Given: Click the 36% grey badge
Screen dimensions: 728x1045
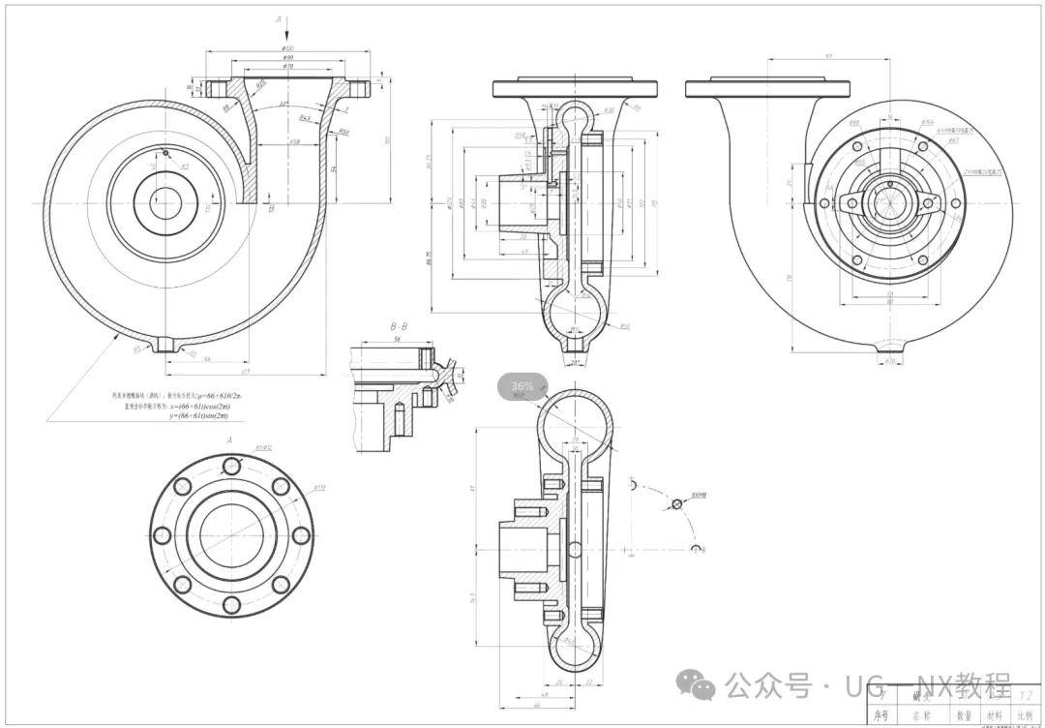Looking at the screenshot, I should (522, 386).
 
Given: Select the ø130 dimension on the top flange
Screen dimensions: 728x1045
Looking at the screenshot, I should (287, 48).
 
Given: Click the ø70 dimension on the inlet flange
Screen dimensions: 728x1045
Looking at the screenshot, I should (287, 66).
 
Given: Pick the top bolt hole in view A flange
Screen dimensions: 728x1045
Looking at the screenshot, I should (231, 466).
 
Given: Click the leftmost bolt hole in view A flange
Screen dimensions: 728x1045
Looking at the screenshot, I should (162, 535).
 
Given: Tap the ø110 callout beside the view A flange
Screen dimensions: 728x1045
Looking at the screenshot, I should (319, 488).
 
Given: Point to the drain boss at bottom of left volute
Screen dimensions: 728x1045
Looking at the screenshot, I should (171, 344).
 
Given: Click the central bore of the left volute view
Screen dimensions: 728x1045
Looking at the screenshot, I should (165, 203).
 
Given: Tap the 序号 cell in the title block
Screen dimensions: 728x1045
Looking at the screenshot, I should (881, 716).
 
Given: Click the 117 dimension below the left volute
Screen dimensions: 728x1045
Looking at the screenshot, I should (246, 372).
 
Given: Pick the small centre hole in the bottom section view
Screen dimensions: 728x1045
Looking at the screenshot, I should (576, 550).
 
